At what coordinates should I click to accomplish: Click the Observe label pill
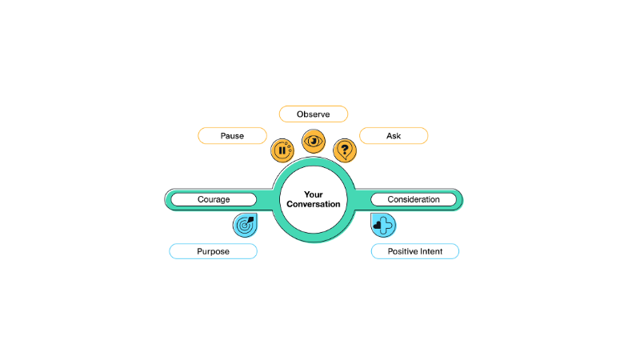(313, 114)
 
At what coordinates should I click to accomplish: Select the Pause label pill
(232, 136)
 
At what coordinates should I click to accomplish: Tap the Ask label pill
(394, 136)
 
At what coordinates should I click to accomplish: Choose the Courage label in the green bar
(214, 199)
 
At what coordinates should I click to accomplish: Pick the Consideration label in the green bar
(414, 199)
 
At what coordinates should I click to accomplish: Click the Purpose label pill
(213, 251)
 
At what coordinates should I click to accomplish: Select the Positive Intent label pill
(415, 251)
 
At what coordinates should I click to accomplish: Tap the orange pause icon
(282, 150)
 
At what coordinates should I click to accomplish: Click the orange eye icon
(314, 141)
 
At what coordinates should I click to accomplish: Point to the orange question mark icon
(345, 150)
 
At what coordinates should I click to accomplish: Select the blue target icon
(245, 225)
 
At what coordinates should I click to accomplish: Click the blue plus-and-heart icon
(383, 225)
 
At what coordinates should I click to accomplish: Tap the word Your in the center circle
(313, 194)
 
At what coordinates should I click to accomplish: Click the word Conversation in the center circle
(313, 204)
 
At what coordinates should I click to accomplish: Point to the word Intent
(431, 251)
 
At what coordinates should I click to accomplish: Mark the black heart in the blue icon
(377, 226)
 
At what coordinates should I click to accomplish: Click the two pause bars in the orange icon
(282, 150)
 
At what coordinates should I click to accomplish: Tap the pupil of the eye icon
(314, 141)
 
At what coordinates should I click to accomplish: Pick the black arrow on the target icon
(250, 221)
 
